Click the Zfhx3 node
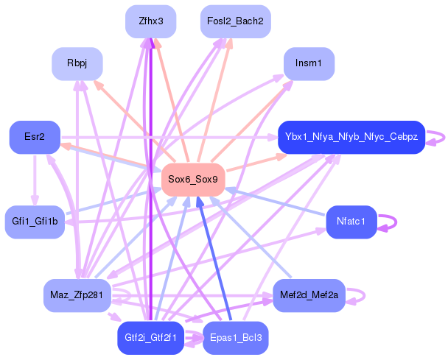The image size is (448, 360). point(151,21)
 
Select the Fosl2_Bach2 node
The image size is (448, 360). point(236,21)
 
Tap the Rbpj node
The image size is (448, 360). point(77,63)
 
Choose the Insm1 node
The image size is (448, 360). point(309,63)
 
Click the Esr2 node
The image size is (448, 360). point(34,137)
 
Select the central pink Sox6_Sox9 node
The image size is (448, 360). point(192,180)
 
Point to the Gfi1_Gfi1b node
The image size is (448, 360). point(35,222)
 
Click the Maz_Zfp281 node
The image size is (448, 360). point(77,295)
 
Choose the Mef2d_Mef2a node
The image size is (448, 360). point(309,295)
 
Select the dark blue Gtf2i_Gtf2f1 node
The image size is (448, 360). point(151,338)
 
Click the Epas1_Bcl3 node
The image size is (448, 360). point(235,338)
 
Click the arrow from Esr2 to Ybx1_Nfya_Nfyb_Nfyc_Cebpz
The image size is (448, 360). point(169,137)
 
